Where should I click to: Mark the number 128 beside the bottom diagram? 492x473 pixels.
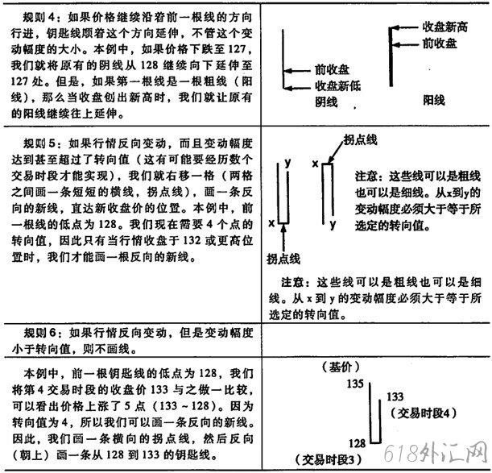(x=354, y=442)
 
